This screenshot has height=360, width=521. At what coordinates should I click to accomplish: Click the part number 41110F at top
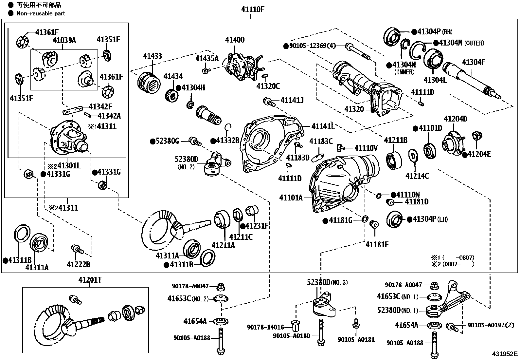[x=253, y=9]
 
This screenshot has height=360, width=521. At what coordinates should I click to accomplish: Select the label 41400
[x=235, y=40]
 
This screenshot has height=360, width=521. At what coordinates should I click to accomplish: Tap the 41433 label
[x=152, y=56]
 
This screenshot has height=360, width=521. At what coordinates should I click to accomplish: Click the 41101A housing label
[x=291, y=198]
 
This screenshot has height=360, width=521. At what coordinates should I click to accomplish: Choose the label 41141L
[x=323, y=126]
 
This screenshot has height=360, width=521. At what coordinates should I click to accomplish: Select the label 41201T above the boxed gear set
[x=90, y=280]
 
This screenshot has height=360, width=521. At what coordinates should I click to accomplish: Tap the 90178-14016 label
[x=265, y=327]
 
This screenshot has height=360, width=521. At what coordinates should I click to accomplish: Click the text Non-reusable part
[x=41, y=13]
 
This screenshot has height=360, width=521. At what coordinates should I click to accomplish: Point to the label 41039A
[x=64, y=40]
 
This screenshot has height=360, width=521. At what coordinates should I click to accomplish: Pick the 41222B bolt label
[x=78, y=264]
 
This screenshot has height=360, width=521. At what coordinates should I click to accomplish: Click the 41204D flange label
[x=455, y=119]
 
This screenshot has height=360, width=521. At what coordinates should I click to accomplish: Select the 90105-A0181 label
[x=356, y=340]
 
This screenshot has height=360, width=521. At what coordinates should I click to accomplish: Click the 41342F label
[x=100, y=106]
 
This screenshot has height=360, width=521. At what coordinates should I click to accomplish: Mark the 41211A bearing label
[x=223, y=245]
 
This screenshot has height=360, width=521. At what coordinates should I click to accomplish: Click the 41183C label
[x=321, y=142]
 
